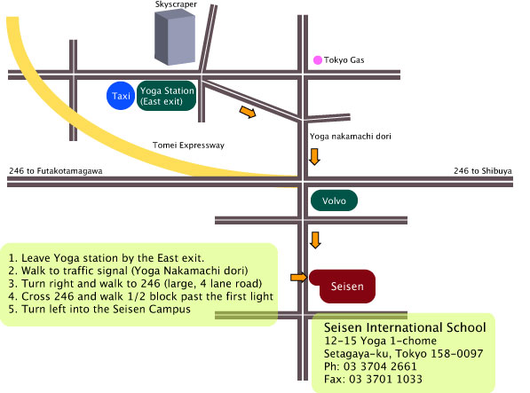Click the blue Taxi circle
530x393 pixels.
pyautogui.click(x=121, y=96)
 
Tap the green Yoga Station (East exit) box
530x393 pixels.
pyautogui.click(x=167, y=96)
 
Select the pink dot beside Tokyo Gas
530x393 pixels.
pyautogui.click(x=318, y=60)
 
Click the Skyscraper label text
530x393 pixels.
pyautogui.click(x=176, y=4)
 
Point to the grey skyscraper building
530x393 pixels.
pyautogui.click(x=175, y=37)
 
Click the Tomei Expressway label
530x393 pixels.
pyautogui.click(x=188, y=145)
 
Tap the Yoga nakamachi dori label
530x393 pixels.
pyautogui.click(x=351, y=136)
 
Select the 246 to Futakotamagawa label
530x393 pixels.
pyautogui.click(x=56, y=171)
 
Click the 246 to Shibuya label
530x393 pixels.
pyautogui.click(x=483, y=171)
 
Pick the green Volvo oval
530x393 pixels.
pyautogui.click(x=334, y=200)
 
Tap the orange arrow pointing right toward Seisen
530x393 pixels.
pyautogui.click(x=299, y=278)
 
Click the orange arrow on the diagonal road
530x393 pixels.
pyautogui.click(x=248, y=112)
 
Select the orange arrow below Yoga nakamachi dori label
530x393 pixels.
pyautogui.click(x=314, y=157)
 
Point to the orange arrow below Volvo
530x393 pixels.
pyautogui.click(x=315, y=240)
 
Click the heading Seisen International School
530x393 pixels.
pyautogui.click(x=405, y=327)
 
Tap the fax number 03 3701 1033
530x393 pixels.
pyautogui.click(x=385, y=379)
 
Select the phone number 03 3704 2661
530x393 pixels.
pyautogui.click(x=380, y=366)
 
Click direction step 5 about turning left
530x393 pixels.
pyautogui.click(x=99, y=309)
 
